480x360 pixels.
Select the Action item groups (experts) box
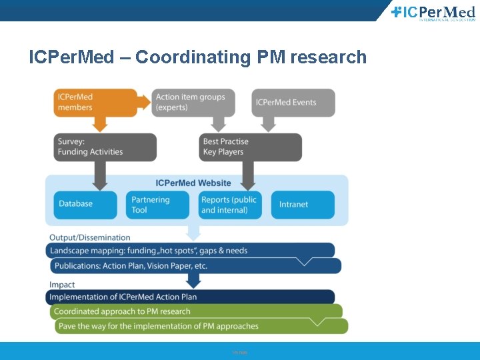(x=193, y=102)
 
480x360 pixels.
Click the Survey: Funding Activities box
(x=105, y=147)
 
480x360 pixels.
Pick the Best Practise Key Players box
(x=251, y=147)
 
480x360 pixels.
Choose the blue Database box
(x=85, y=204)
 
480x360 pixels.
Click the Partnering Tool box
(x=157, y=205)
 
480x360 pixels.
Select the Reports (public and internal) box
(x=231, y=205)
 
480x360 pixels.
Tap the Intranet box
(x=303, y=205)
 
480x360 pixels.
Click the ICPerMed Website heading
(x=193, y=183)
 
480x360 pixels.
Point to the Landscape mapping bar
(x=190, y=251)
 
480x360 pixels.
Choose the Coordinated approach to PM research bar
(x=195, y=311)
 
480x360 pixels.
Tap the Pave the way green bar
(x=200, y=326)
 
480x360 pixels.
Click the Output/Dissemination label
(x=90, y=237)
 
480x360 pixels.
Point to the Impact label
(x=62, y=285)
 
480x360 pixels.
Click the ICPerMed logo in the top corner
(x=433, y=13)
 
